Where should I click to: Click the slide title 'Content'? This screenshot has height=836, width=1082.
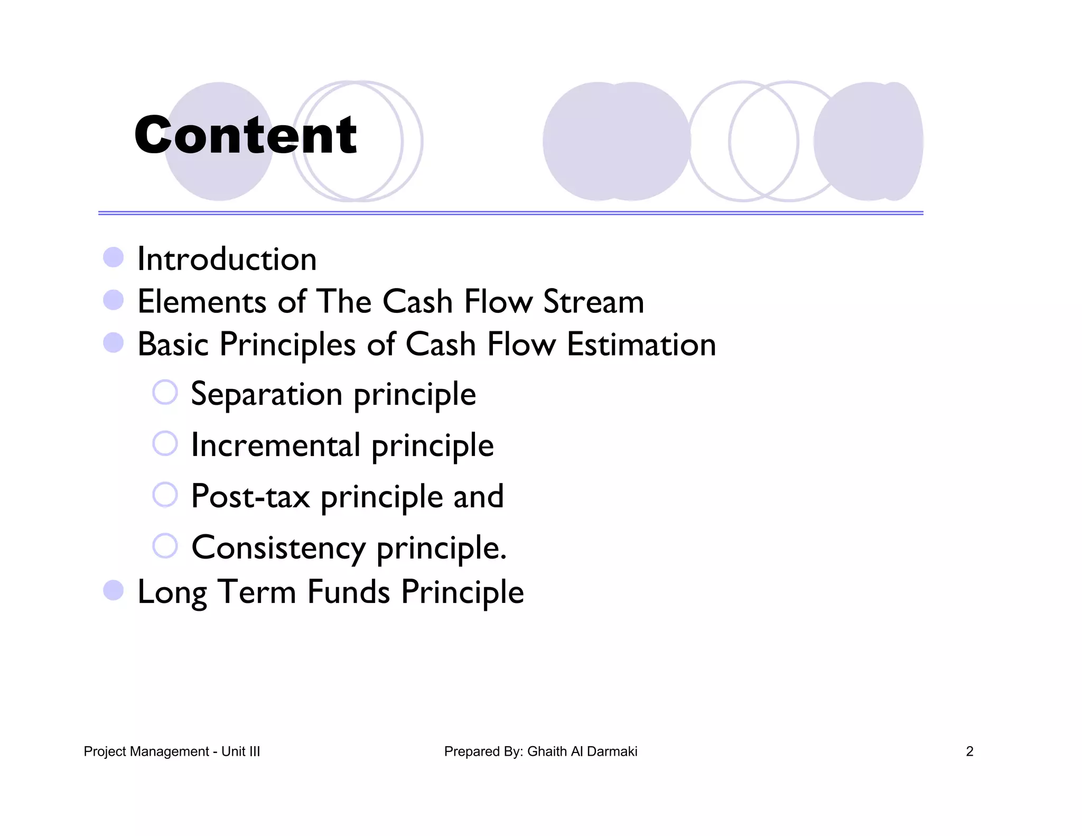pyautogui.click(x=246, y=135)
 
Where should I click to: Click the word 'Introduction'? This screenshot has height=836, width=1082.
pyautogui.click(x=227, y=259)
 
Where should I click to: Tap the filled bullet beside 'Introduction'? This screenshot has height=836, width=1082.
pyautogui.click(x=113, y=258)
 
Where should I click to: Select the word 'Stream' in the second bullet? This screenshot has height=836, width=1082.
pyautogui.click(x=593, y=302)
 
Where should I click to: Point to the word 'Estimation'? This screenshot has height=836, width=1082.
pyautogui.click(x=641, y=345)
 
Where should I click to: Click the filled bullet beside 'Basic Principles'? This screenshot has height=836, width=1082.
pyautogui.click(x=113, y=343)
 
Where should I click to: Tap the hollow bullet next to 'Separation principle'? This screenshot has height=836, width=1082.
pyautogui.click(x=165, y=392)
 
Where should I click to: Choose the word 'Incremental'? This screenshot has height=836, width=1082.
pyautogui.click(x=276, y=445)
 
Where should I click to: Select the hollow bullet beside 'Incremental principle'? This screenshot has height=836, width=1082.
pyautogui.click(x=165, y=443)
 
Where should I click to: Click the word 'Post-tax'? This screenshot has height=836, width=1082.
pyautogui.click(x=250, y=497)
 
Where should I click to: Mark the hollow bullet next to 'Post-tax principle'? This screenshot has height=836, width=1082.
pyautogui.click(x=165, y=495)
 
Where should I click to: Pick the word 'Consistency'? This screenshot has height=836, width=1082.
pyautogui.click(x=278, y=547)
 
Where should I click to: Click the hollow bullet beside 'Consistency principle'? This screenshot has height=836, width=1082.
pyautogui.click(x=165, y=545)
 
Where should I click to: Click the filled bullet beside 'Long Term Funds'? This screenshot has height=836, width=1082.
pyautogui.click(x=113, y=590)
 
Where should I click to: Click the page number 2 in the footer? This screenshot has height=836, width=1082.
pyautogui.click(x=969, y=751)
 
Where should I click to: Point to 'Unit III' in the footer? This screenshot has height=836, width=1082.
pyautogui.click(x=240, y=751)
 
